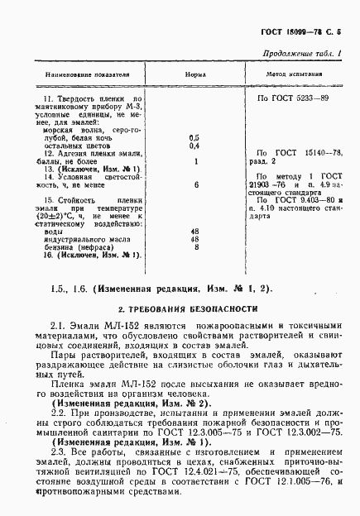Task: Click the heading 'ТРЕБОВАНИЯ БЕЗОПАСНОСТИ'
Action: tap(189, 308)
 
